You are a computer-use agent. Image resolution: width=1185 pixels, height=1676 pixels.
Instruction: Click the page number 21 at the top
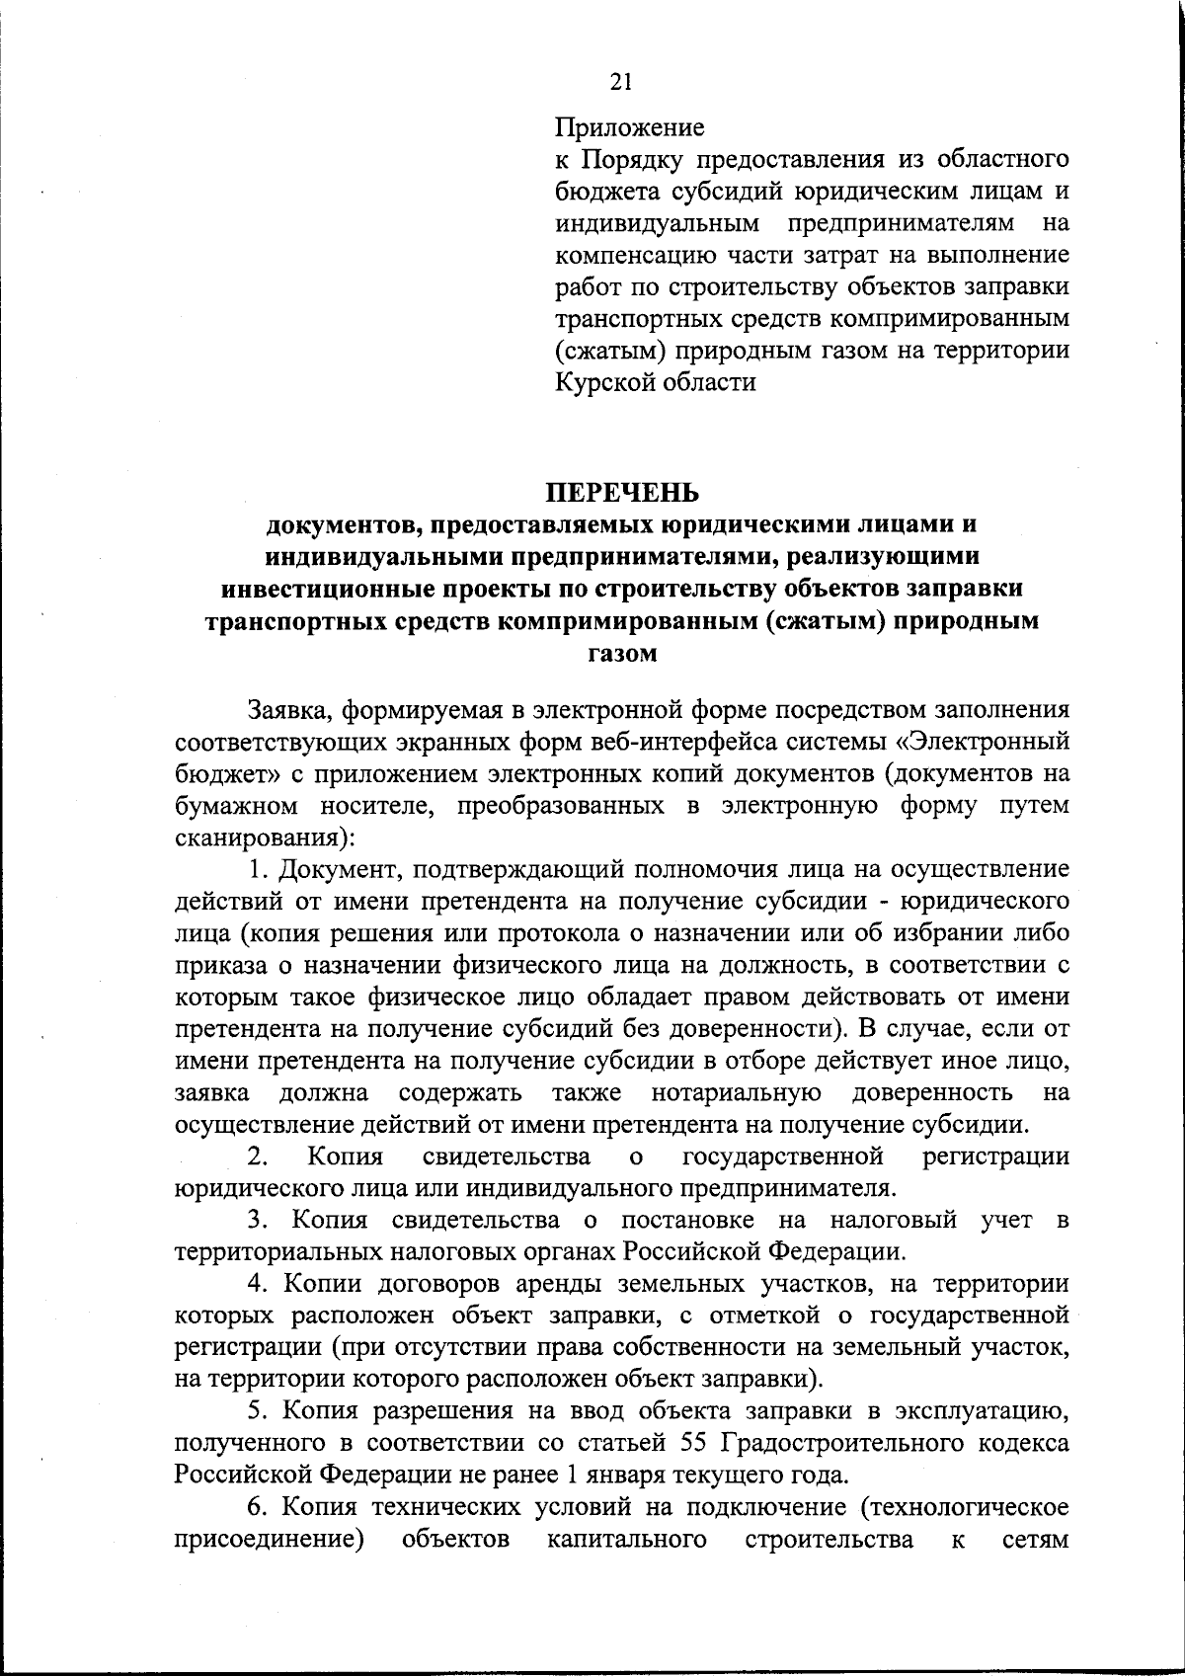621,83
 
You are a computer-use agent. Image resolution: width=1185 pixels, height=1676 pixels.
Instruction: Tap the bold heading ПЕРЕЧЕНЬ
622,492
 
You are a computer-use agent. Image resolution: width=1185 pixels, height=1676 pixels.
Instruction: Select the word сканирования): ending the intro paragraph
265,838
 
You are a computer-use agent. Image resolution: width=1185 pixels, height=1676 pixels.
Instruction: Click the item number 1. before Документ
260,869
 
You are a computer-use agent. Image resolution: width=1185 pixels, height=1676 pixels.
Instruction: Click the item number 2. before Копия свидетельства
259,1157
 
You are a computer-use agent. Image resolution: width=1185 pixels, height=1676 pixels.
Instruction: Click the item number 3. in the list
259,1221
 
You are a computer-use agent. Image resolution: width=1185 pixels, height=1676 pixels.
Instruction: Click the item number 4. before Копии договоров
259,1284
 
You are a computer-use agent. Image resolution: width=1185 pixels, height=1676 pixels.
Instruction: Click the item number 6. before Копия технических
259,1508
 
